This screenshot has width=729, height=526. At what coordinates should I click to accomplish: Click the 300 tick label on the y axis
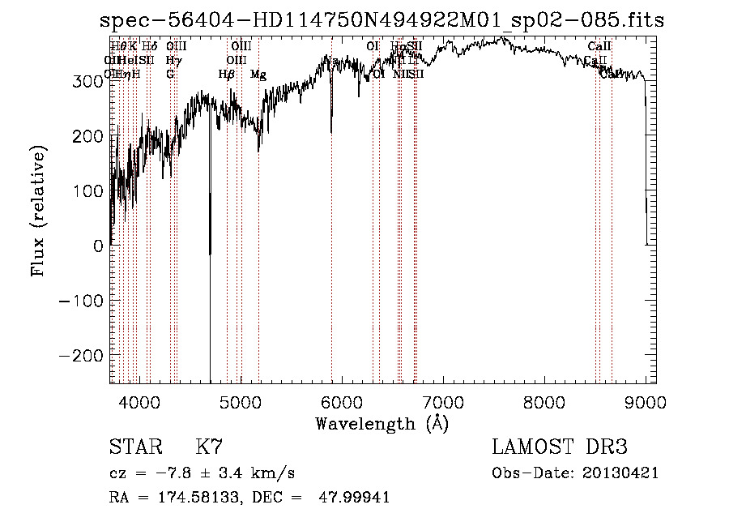coord(87,81)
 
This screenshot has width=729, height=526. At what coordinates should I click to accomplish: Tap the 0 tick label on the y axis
coord(98,246)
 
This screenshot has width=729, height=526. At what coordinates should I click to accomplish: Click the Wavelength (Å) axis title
coord(382,423)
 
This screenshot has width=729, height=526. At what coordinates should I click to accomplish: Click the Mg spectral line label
coord(258,75)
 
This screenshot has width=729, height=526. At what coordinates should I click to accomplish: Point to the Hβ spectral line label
coord(227,75)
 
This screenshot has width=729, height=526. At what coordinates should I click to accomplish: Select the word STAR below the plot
coord(134,447)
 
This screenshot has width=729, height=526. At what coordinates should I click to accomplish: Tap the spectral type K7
coord(209,447)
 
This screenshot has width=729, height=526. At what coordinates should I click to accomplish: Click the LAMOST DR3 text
coord(560,447)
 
